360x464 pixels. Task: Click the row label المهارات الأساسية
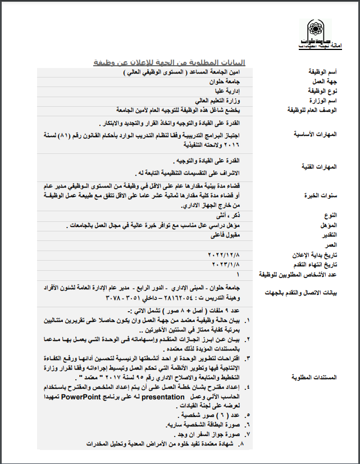(319, 134)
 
